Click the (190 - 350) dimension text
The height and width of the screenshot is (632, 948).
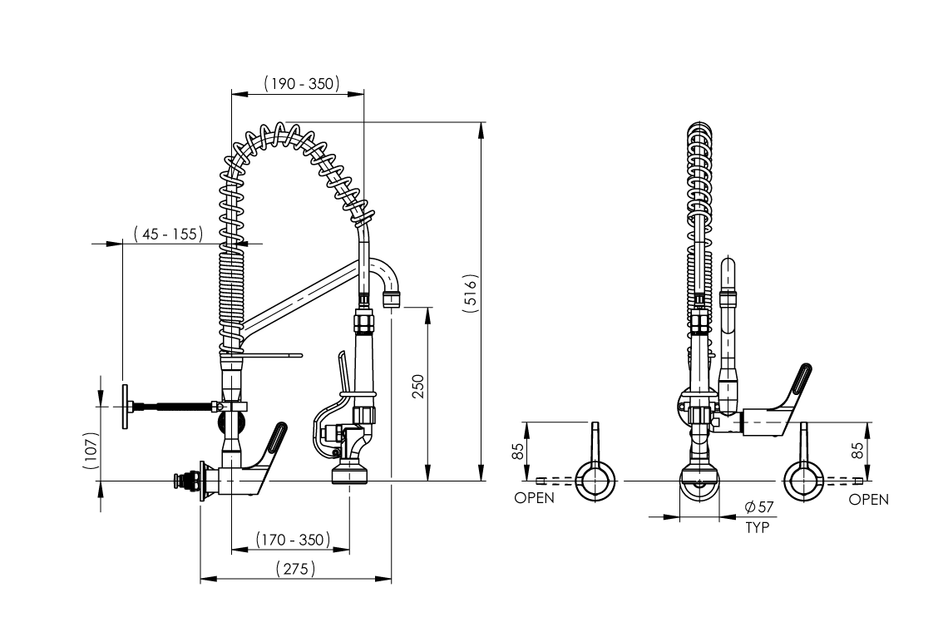click(x=299, y=83)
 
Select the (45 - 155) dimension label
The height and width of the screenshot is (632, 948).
click(x=168, y=235)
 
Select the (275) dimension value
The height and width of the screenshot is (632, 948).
click(x=296, y=569)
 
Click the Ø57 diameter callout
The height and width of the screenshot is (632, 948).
click(x=759, y=507)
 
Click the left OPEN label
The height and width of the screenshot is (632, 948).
click(x=534, y=499)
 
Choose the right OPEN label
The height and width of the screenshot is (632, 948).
click(x=869, y=499)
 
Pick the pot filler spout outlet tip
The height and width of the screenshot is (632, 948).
click(x=391, y=298)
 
